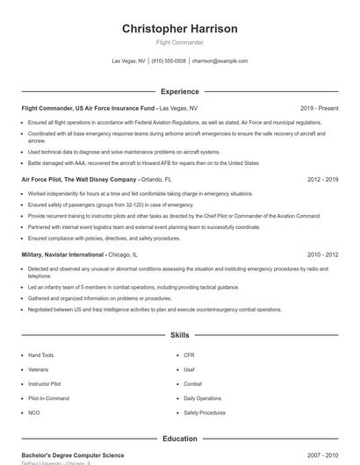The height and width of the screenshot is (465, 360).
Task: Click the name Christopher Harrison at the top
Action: [179, 29]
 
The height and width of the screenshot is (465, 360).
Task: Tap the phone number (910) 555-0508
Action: [169, 61]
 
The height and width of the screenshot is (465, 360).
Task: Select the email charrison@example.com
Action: [220, 61]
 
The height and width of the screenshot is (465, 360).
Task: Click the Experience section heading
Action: [179, 91]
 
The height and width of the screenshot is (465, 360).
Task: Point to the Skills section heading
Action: [179, 335]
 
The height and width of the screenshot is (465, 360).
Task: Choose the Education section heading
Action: [179, 439]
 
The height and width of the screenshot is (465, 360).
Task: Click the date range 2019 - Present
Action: [319, 108]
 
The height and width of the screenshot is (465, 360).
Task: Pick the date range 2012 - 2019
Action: [323, 179]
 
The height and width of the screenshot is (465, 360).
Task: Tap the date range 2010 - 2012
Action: [323, 254]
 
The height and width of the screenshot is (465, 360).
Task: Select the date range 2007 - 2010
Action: [323, 455]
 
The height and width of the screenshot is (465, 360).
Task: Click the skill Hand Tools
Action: [40, 355]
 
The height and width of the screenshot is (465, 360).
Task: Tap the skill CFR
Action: [189, 355]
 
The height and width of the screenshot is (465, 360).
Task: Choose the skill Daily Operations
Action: [202, 398]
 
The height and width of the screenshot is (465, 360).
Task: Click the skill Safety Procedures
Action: [205, 412]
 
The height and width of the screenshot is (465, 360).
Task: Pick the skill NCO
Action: [33, 412]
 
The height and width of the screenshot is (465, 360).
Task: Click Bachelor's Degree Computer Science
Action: [73, 455]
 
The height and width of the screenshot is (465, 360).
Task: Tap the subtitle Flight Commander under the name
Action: [179, 42]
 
